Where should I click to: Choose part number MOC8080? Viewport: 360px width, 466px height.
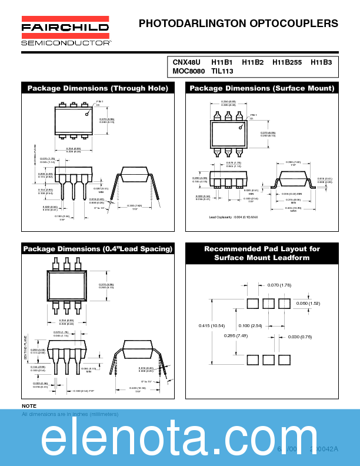[189, 71]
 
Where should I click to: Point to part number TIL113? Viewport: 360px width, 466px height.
[222, 71]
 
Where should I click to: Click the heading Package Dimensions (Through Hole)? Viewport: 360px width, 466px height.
[98, 88]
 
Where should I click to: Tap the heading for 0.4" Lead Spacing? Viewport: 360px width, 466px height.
[98, 249]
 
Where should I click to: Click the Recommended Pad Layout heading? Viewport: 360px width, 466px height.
[262, 253]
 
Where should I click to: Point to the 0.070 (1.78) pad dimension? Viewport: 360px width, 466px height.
[279, 285]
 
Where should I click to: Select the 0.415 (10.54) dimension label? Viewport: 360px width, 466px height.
[212, 325]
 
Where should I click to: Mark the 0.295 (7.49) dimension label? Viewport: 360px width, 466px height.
[236, 336]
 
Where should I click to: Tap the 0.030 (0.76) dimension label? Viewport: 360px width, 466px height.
[301, 337]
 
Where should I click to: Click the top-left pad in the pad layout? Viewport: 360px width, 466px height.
[252, 304]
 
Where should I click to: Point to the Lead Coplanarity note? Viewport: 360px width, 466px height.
[234, 217]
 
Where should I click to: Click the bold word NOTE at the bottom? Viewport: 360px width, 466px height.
[29, 406]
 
